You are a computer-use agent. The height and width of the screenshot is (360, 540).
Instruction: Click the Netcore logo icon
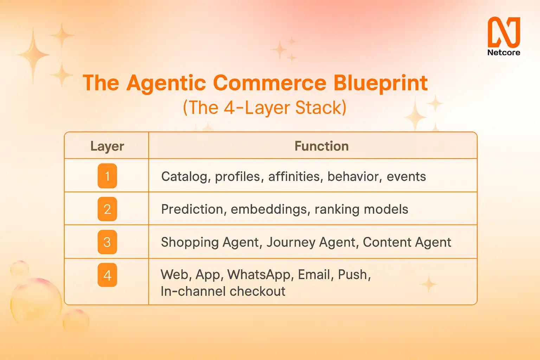point(504,32)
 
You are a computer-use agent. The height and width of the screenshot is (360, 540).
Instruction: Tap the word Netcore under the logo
point(504,53)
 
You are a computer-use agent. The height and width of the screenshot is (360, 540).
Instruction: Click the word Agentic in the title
point(166,84)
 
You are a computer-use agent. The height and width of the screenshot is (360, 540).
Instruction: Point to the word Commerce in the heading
point(270,83)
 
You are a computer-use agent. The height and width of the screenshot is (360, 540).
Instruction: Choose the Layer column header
point(107,146)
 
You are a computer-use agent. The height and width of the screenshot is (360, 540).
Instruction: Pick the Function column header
point(322,146)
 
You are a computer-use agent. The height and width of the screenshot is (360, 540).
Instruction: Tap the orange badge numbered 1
point(107,176)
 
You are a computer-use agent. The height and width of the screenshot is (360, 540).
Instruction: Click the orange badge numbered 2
point(107,209)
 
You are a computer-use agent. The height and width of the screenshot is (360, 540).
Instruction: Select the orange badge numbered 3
point(107,242)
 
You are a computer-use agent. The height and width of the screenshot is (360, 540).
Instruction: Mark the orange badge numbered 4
point(107,275)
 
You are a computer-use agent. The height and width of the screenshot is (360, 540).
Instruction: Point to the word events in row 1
point(406,176)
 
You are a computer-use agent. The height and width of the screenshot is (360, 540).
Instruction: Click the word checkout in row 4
point(258,291)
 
